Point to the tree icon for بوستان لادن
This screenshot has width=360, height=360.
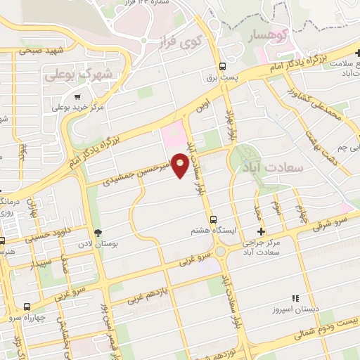coord(98,233)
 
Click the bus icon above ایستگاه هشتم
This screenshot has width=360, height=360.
coord(214,219)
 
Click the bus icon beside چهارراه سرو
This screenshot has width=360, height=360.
coord(27,307)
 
